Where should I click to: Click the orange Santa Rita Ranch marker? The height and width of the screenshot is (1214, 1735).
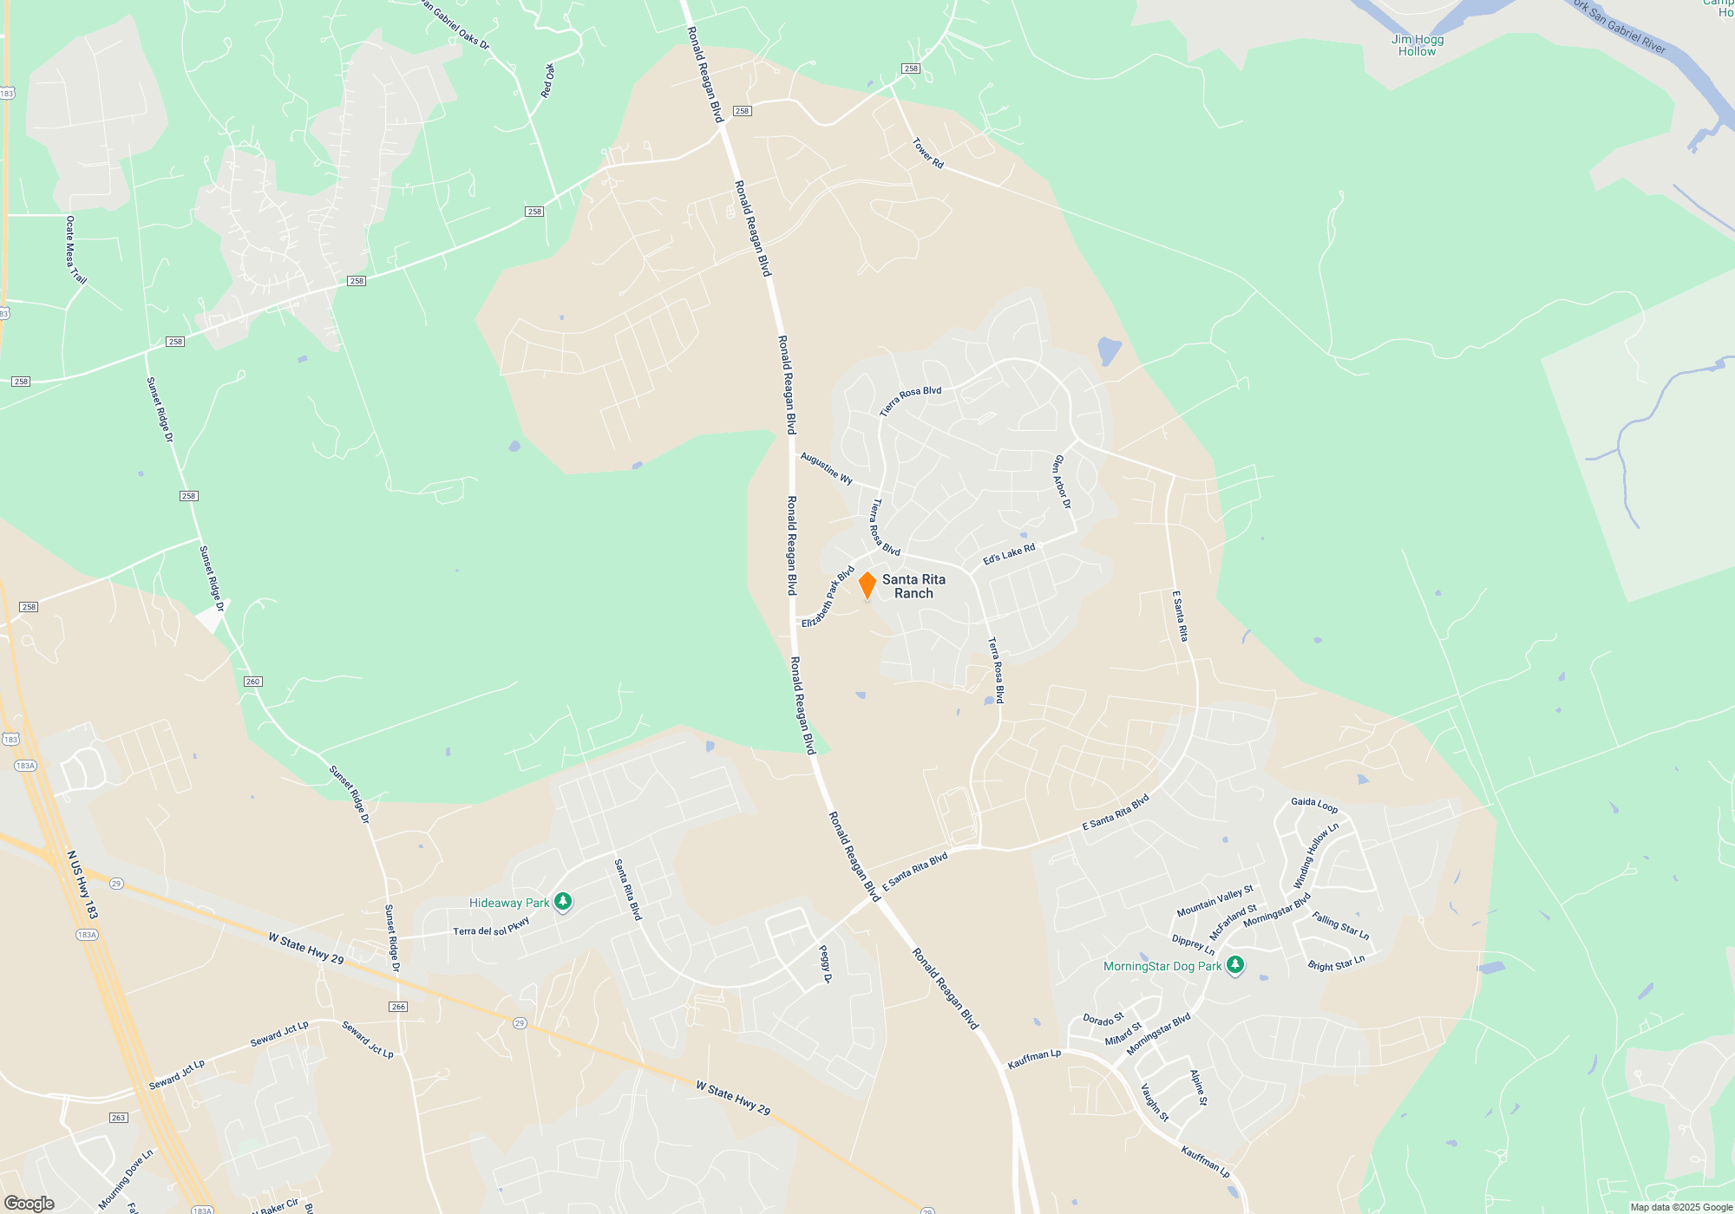click(x=867, y=584)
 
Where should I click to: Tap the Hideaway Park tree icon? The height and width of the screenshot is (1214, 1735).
click(x=563, y=903)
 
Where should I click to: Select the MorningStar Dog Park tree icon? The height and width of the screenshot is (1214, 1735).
click(x=1235, y=965)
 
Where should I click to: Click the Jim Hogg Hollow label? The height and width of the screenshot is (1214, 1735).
click(x=1417, y=45)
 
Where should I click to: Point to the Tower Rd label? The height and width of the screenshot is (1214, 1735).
click(x=927, y=153)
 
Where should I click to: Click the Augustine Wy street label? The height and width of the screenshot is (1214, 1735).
click(x=826, y=468)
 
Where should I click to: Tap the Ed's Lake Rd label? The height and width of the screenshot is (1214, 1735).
click(x=1009, y=554)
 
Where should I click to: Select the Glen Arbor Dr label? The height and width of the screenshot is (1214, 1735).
click(x=1062, y=481)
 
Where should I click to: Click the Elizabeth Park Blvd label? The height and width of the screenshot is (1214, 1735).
click(x=828, y=597)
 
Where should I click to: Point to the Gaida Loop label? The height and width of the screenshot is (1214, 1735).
click(x=1313, y=805)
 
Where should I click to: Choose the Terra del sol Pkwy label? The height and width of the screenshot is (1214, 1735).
click(x=491, y=927)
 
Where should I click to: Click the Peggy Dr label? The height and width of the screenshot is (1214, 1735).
click(x=826, y=964)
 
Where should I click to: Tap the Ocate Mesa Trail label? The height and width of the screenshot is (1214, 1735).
click(x=75, y=250)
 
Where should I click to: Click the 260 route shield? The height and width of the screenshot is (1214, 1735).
click(x=252, y=682)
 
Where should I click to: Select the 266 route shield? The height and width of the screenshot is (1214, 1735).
click(x=398, y=1007)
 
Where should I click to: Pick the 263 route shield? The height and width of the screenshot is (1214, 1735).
click(x=119, y=1118)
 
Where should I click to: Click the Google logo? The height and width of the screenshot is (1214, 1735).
click(x=29, y=1204)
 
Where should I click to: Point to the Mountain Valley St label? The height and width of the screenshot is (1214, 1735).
click(x=1214, y=901)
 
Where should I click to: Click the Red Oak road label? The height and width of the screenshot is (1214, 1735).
click(x=548, y=81)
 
